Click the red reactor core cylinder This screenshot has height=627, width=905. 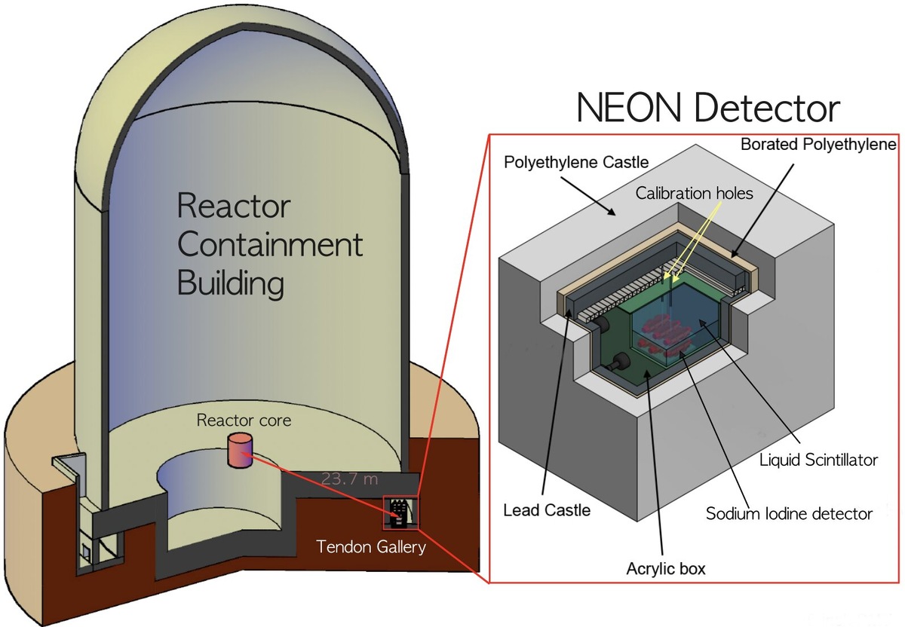pos(239,451)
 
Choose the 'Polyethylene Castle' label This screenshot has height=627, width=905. pos(566,162)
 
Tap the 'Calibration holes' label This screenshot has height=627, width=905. pos(694,193)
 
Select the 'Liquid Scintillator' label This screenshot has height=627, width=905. pos(819,459)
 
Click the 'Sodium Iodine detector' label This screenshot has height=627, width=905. pos(789,514)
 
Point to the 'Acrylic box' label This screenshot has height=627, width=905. pos(665,568)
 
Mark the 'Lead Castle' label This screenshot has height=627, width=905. pos(547,510)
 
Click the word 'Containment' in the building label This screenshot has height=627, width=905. pos(269,245)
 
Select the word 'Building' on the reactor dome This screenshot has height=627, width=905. pos(231,284)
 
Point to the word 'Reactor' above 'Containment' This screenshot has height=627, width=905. pos(232,206)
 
